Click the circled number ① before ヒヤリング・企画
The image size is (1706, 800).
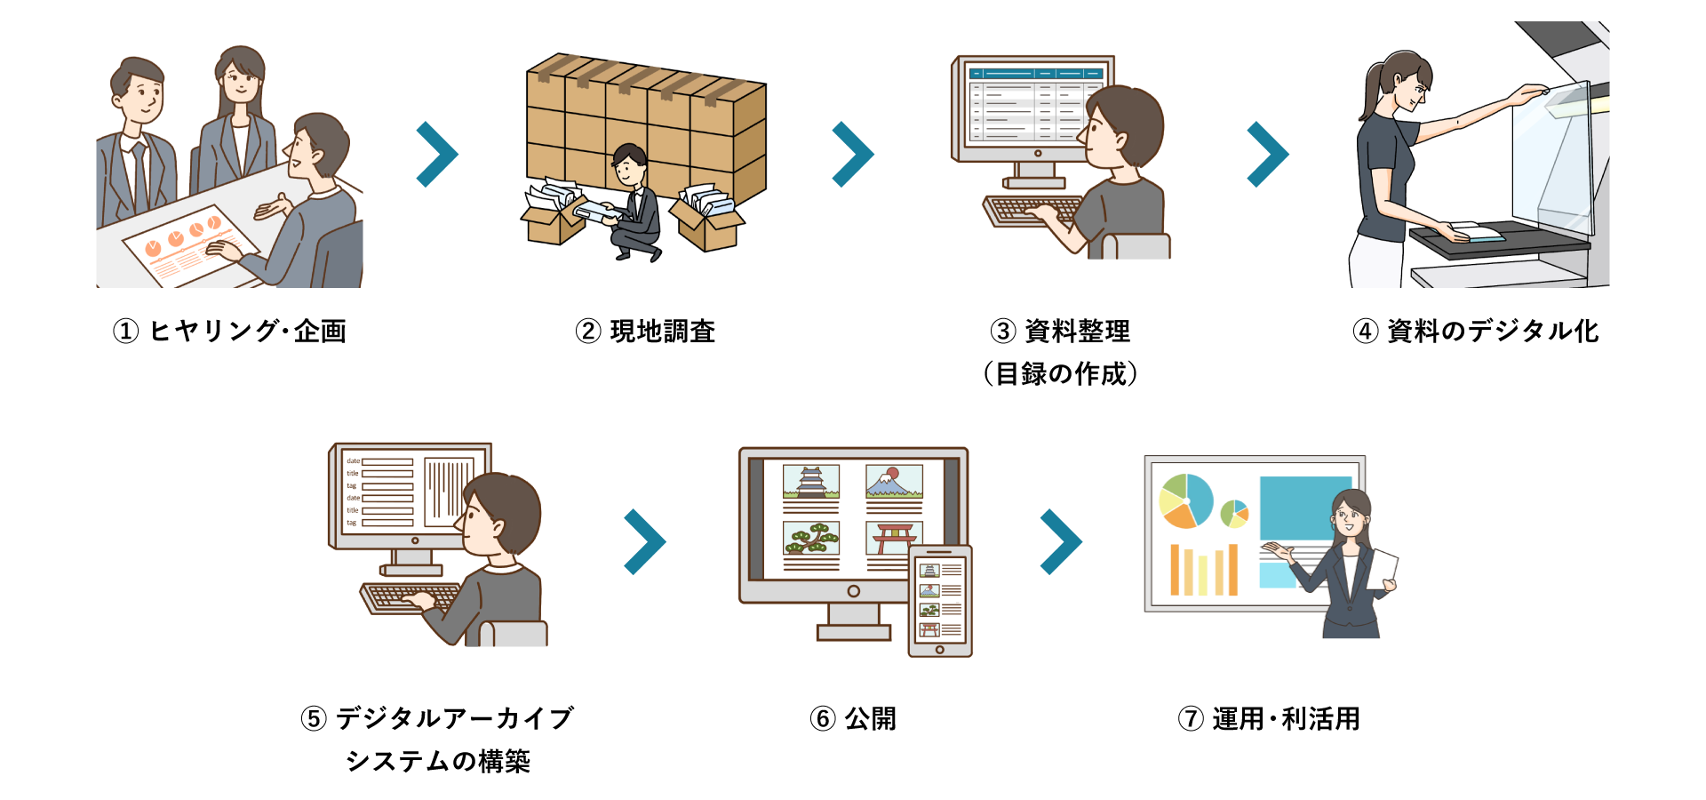click(x=126, y=332)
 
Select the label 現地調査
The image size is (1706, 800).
click(x=662, y=332)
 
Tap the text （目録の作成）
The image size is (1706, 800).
click(x=1060, y=374)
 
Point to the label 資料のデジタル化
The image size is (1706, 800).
click(x=1493, y=332)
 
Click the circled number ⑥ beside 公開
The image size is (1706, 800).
click(x=823, y=718)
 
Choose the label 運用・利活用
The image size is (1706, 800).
click(x=1286, y=718)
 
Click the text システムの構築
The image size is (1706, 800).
click(x=437, y=761)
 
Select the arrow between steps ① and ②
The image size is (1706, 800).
click(x=437, y=155)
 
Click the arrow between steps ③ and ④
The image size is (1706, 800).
click(x=1268, y=155)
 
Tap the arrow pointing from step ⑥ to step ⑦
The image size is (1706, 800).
click(x=1061, y=542)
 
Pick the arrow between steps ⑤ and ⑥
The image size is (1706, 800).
click(x=645, y=542)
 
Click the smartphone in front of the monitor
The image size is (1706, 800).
click(x=940, y=601)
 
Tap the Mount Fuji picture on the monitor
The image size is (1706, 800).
click(x=894, y=482)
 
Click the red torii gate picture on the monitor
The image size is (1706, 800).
click(x=892, y=537)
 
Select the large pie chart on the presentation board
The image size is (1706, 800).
click(x=1186, y=500)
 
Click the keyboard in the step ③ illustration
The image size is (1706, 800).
click(x=1031, y=212)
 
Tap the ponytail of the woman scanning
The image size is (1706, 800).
click(x=1368, y=92)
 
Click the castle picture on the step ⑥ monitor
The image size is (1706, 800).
click(x=811, y=482)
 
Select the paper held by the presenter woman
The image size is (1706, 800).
click(x=1383, y=569)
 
